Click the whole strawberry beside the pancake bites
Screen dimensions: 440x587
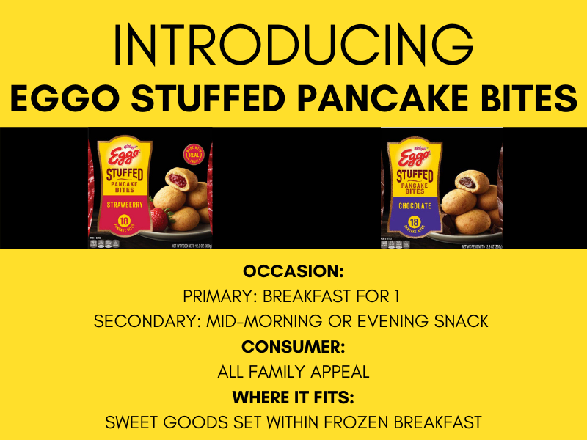point(158,218)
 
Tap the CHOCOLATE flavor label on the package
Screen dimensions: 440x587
point(416,205)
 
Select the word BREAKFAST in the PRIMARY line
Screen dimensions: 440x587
point(319,296)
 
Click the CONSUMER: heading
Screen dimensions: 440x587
point(293,346)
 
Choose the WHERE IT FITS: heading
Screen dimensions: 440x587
point(293,397)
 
